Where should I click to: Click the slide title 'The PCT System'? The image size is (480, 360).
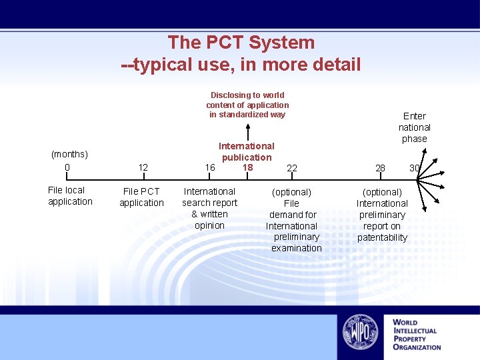pos(241,43)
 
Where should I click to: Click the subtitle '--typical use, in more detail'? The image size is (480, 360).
pos(241,65)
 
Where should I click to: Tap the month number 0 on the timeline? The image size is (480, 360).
pos(67,167)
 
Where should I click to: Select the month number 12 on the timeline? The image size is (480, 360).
pos(143,167)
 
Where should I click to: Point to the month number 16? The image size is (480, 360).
pos(209,167)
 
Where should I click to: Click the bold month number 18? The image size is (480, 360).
pos(247,167)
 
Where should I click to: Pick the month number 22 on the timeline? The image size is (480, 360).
pos(292,168)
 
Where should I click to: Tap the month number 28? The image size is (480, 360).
pos(380,168)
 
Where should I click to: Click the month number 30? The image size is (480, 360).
pos(414,168)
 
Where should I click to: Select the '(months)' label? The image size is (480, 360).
pos(69,154)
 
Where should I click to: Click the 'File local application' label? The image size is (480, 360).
pos(70,196)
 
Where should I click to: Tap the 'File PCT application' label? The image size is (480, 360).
pos(141,197)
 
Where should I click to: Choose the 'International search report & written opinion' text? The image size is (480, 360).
pos(209,208)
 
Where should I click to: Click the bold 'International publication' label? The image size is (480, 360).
pos(247,151)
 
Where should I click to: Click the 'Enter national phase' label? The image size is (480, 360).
pos(415,127)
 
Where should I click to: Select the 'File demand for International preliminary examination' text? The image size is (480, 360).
pos(292,220)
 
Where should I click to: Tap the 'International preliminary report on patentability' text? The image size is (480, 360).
pos(382,215)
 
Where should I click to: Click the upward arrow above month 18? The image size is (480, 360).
pos(248,131)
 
